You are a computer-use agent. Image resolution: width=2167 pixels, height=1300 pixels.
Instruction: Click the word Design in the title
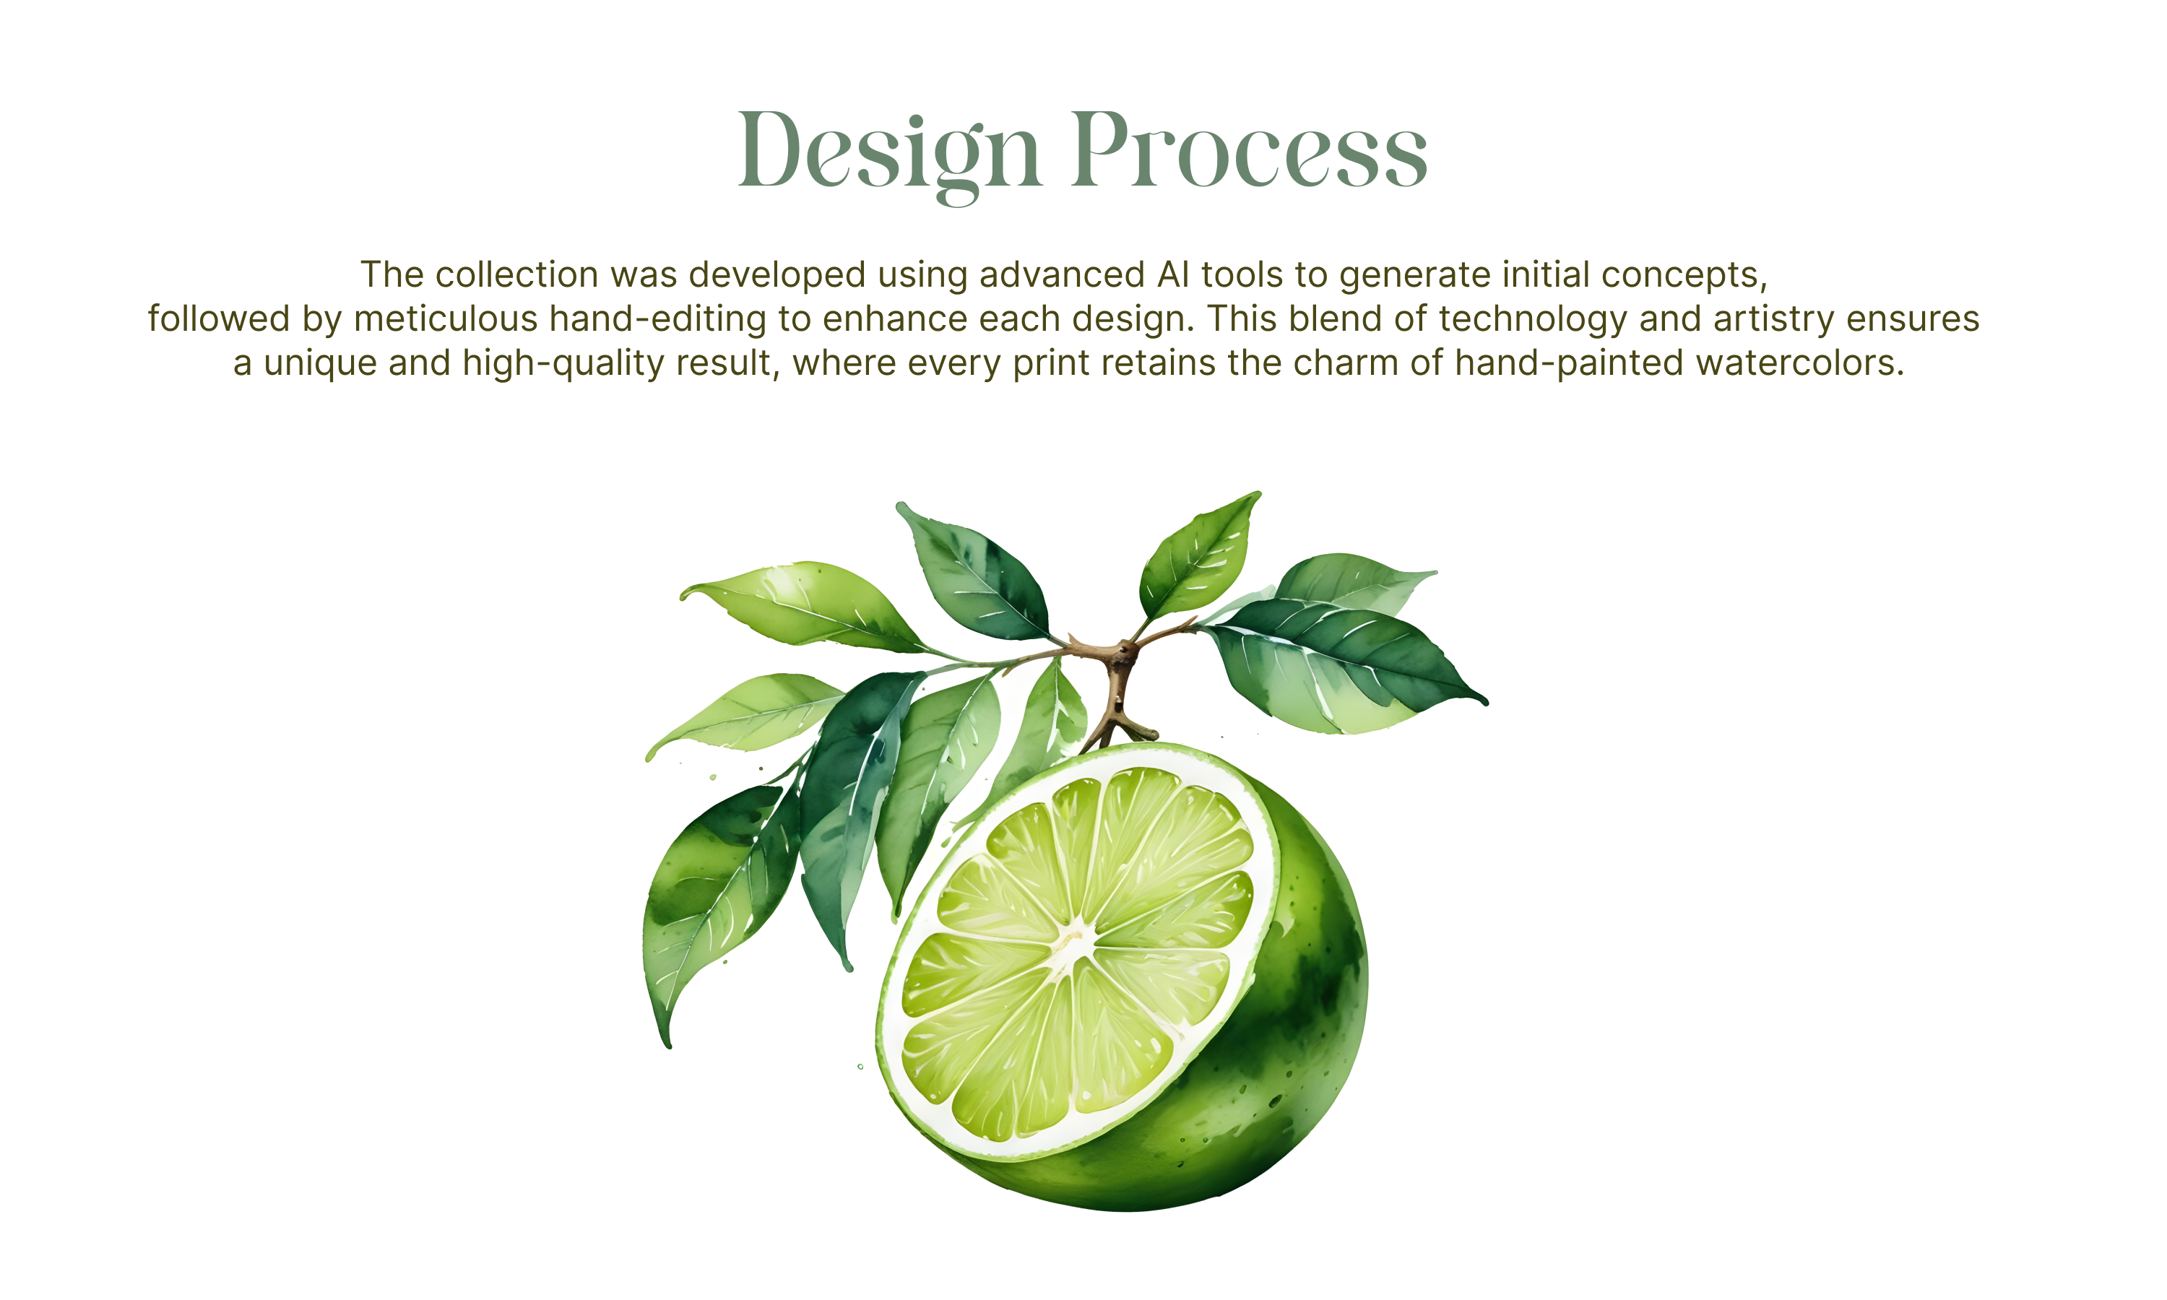point(890,154)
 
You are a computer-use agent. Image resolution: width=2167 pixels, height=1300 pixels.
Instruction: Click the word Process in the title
point(1249,151)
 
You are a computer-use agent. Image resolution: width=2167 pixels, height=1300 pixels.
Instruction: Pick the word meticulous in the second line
point(446,319)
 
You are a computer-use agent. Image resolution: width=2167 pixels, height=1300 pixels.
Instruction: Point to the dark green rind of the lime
point(1297,1033)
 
